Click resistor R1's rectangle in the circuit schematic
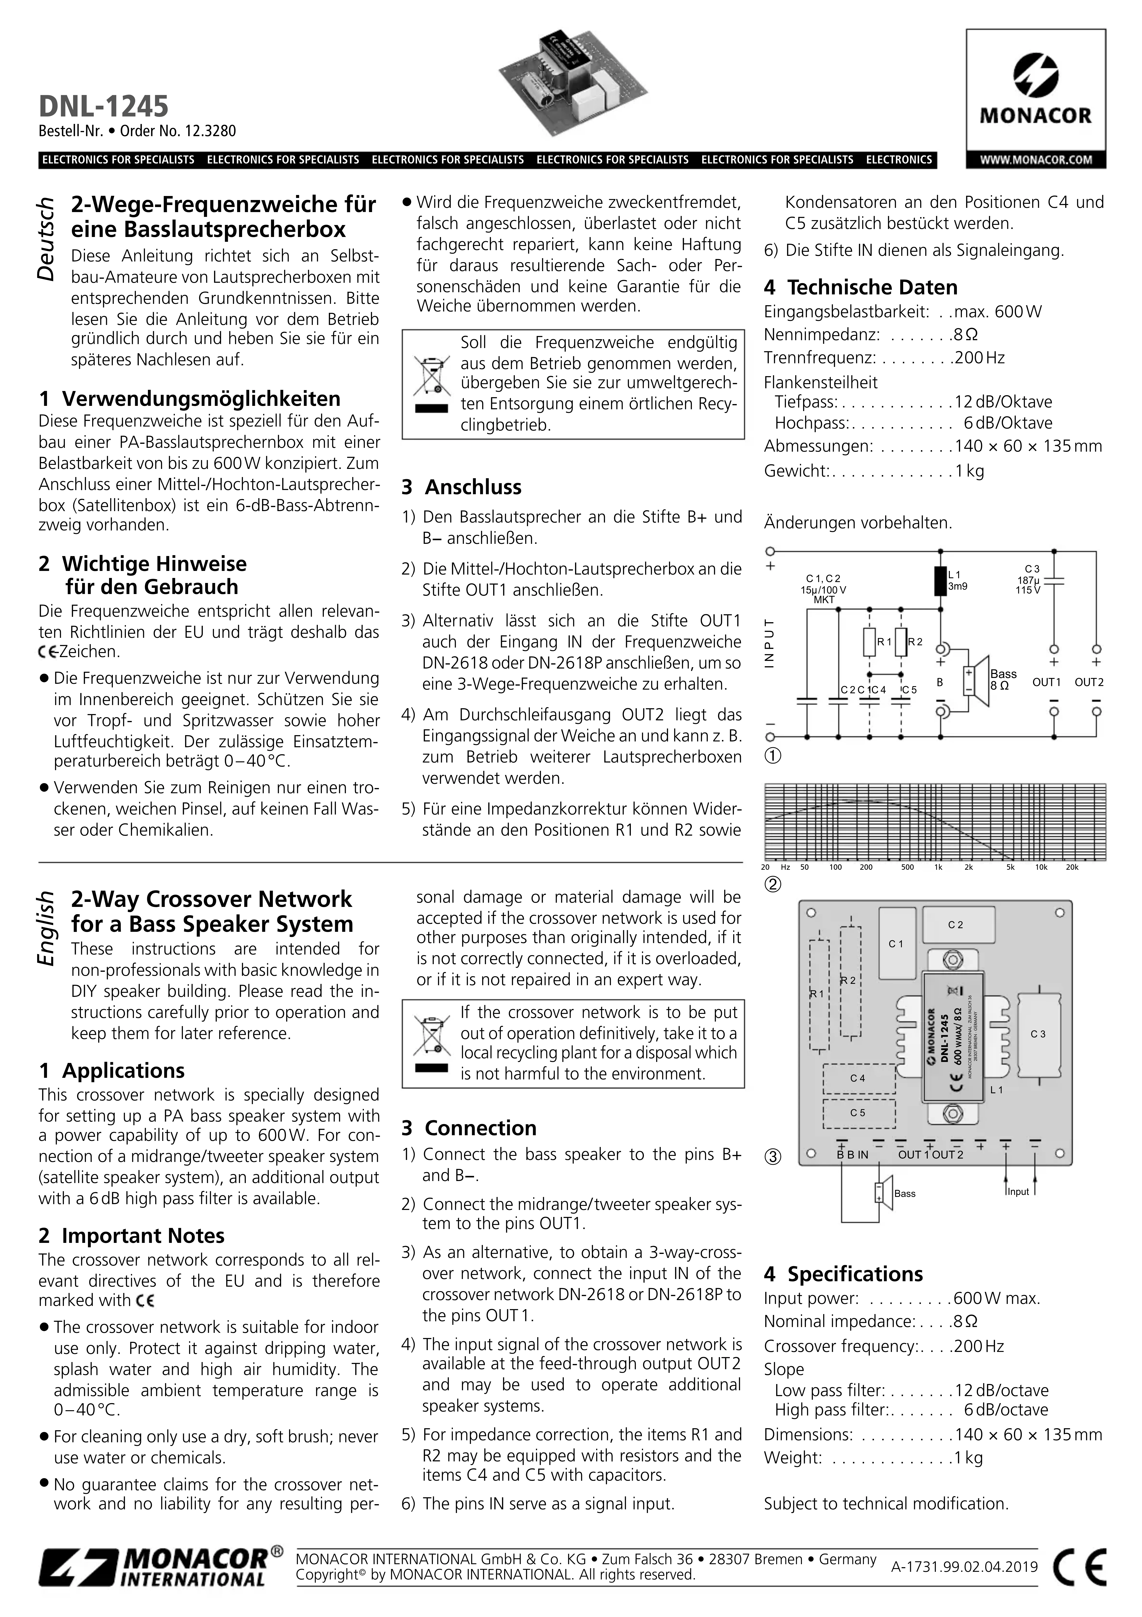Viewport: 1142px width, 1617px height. point(870,642)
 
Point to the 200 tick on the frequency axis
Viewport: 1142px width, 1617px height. point(866,867)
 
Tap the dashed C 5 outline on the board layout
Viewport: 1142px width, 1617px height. point(858,1113)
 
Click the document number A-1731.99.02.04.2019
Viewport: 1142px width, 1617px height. point(964,1566)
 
